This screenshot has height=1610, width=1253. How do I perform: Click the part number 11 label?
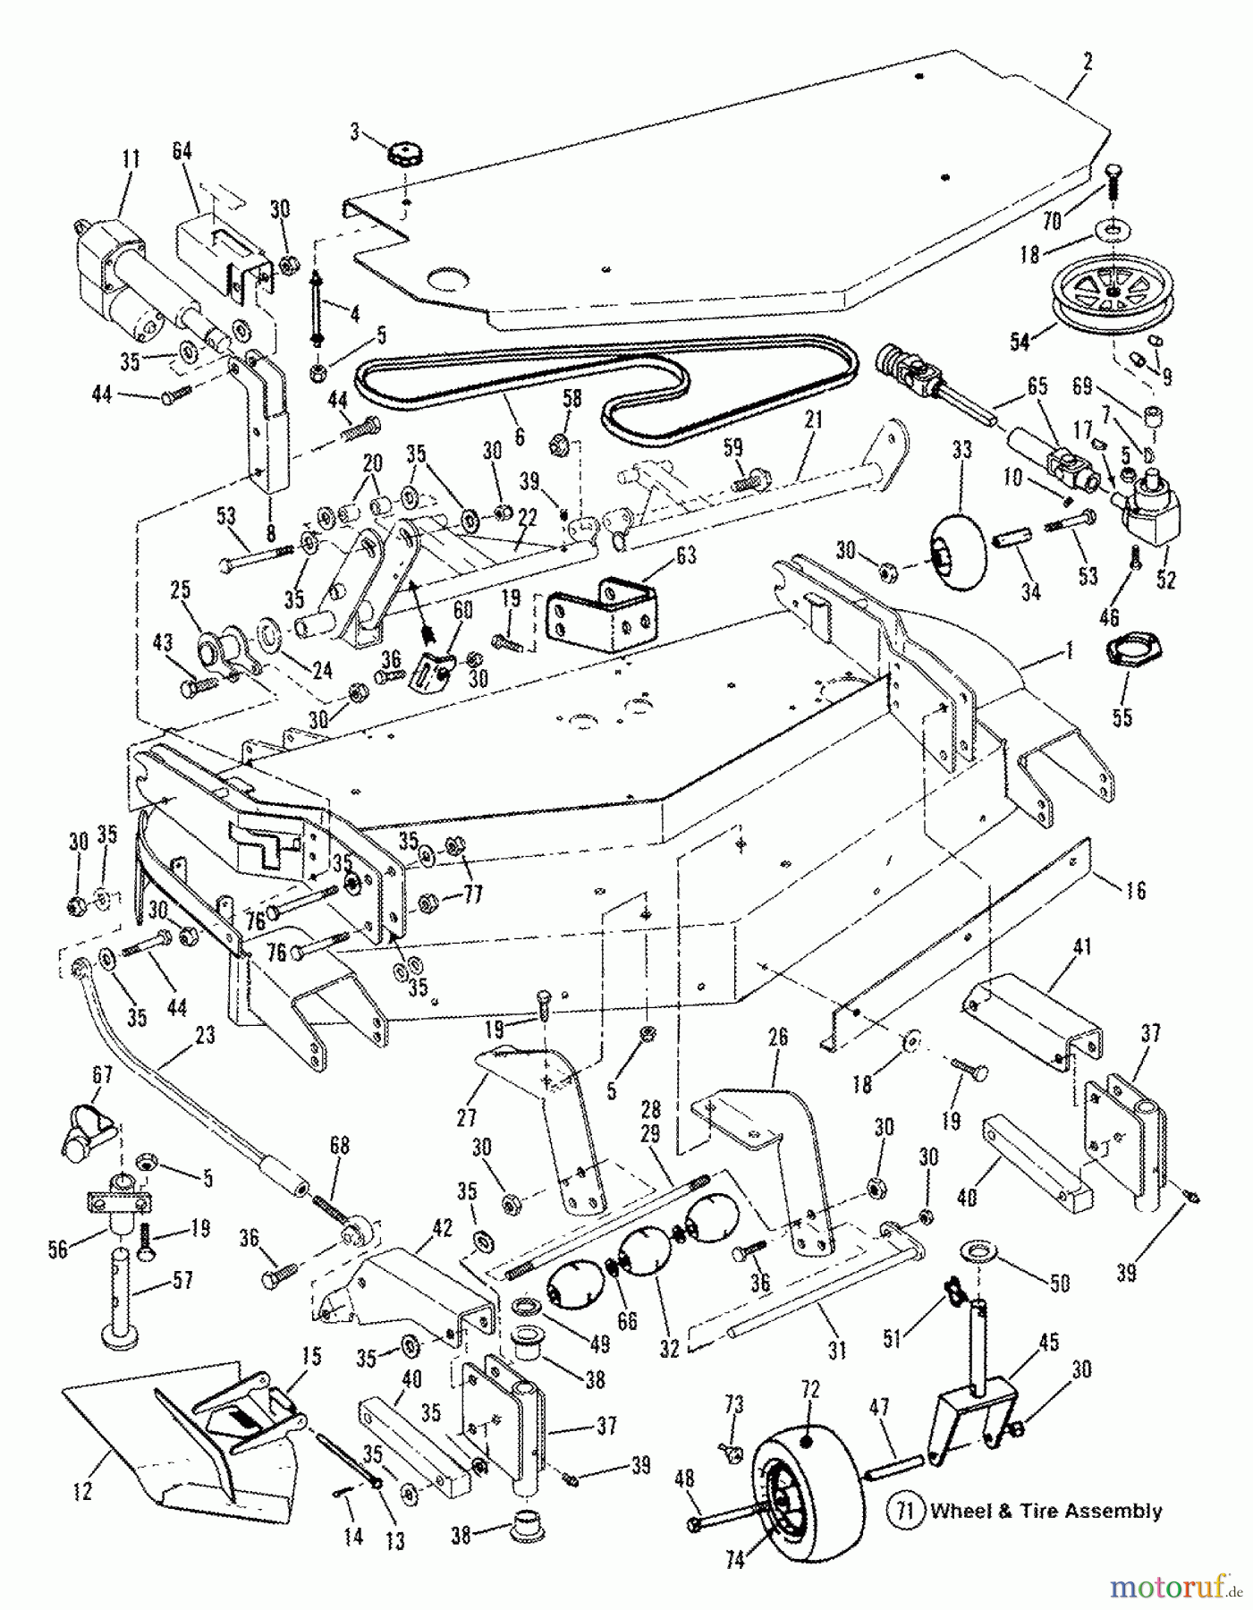pos(131,160)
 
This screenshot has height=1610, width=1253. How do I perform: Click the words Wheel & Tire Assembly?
pos(1046,1512)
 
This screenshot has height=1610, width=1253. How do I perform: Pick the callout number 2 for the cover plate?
pos(1087,62)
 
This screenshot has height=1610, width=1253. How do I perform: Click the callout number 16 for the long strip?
pos(1136,890)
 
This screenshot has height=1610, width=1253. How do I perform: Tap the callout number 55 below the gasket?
pos(1122,716)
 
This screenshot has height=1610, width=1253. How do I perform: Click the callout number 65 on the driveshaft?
pos(1037,387)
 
